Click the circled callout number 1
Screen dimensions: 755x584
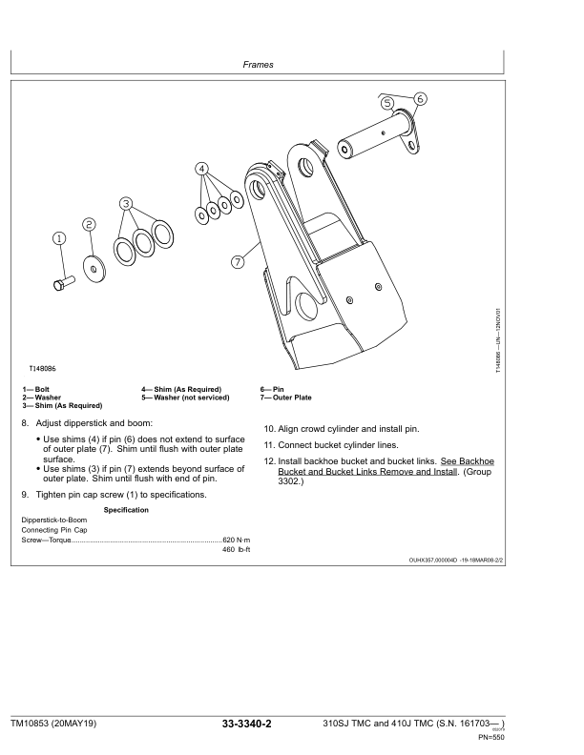pyautogui.click(x=58, y=238)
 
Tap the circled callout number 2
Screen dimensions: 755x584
pyautogui.click(x=89, y=224)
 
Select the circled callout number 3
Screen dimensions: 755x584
pyautogui.click(x=126, y=203)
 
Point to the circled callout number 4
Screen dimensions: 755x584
pyautogui.click(x=202, y=169)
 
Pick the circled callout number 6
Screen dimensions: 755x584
pyautogui.click(x=421, y=98)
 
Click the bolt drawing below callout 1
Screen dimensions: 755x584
pyautogui.click(x=61, y=283)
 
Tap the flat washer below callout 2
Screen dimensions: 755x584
pyautogui.click(x=94, y=270)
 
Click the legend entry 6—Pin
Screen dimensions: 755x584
pyautogui.click(x=272, y=390)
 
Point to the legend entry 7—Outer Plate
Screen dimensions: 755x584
pyautogui.click(x=286, y=398)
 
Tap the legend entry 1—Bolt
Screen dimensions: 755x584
pyautogui.click(x=33, y=390)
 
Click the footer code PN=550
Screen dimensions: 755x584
pyautogui.click(x=545, y=737)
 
